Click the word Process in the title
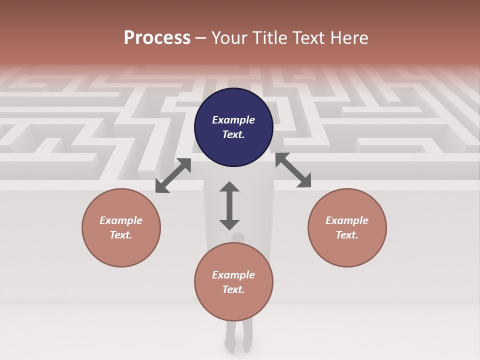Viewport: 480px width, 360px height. (x=157, y=38)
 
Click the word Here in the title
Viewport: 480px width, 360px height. (x=349, y=38)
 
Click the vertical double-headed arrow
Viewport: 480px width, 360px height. (x=229, y=205)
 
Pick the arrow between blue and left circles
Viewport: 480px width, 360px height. (x=173, y=175)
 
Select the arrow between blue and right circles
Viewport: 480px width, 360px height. (x=293, y=170)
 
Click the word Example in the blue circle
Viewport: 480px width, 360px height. (x=233, y=120)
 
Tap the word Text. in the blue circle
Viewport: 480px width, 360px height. (x=233, y=134)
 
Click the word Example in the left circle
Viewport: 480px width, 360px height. (x=121, y=220)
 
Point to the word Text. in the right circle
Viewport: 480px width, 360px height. (x=347, y=235)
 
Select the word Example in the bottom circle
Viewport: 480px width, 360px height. (x=233, y=275)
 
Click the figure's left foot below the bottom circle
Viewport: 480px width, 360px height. (x=230, y=345)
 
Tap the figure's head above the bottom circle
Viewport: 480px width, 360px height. (x=238, y=237)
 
